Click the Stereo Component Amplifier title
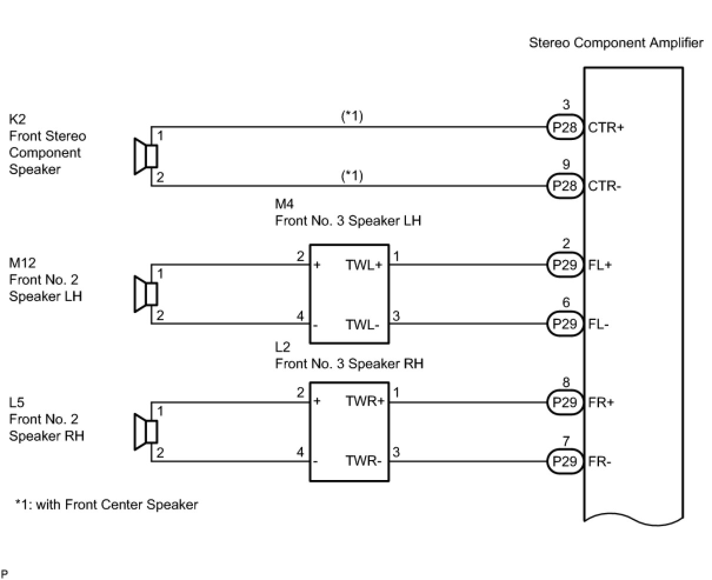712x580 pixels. click(615, 43)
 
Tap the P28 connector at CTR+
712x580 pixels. click(565, 127)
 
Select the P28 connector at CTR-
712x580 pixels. click(565, 186)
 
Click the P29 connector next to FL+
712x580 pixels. click(565, 265)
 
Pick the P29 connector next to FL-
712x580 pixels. click(565, 324)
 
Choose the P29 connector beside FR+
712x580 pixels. click(565, 403)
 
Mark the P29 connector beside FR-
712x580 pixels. click(565, 461)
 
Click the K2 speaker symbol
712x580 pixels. click(145, 156)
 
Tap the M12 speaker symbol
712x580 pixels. click(145, 294)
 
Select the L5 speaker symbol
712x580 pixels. click(145, 432)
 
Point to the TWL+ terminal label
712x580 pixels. click(364, 265)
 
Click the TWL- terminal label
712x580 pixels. click(362, 324)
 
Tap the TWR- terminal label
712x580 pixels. click(363, 461)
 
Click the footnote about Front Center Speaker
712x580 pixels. click(107, 505)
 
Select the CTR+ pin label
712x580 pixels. click(605, 127)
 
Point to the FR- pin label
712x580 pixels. click(600, 461)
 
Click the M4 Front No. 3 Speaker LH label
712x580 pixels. click(348, 213)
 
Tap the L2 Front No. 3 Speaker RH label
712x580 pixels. click(349, 355)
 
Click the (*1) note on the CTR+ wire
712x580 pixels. click(352, 116)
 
